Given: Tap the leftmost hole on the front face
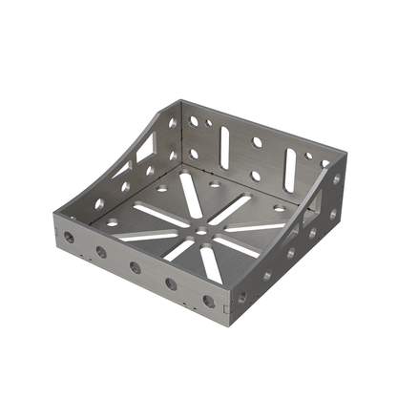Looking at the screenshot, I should click(69, 235).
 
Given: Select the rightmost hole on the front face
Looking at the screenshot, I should click(208, 301).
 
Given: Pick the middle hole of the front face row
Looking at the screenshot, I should click(135, 267).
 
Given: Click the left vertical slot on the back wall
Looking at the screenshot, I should click(224, 147).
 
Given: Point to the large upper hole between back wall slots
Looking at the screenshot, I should click(257, 143).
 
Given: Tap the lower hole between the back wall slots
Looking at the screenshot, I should click(255, 176).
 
